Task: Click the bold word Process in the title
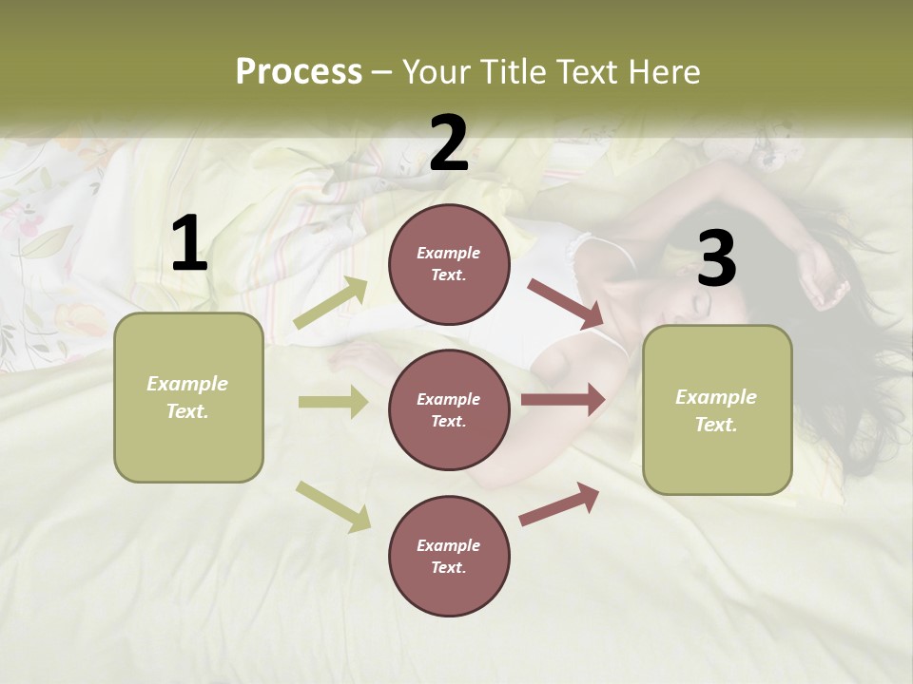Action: click(299, 72)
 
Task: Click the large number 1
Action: click(189, 244)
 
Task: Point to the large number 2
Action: click(449, 143)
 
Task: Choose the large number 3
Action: click(716, 259)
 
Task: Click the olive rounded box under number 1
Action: click(188, 397)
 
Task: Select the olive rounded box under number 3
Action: click(717, 409)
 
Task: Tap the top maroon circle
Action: click(449, 264)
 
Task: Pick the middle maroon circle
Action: click(449, 409)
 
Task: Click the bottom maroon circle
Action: click(449, 556)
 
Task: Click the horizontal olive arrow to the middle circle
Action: click(333, 402)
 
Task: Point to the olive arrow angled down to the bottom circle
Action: click(333, 505)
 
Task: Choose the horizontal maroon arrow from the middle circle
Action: click(563, 400)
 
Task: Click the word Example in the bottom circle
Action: click(449, 545)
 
